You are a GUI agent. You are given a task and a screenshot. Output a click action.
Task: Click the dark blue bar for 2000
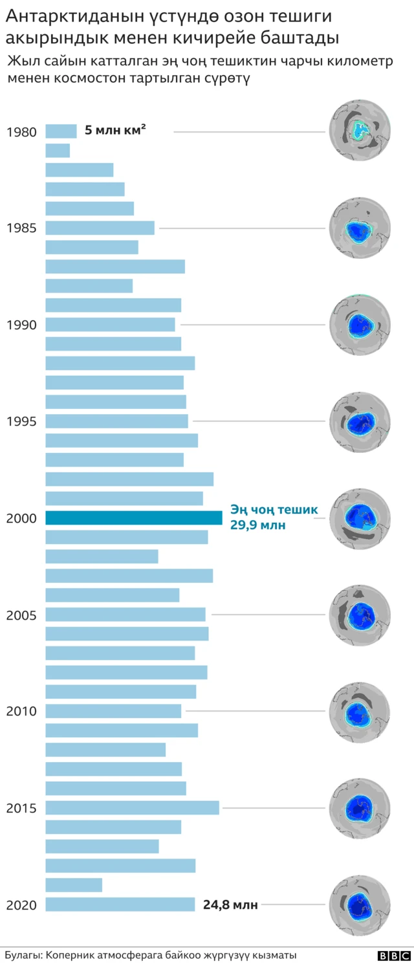(134, 518)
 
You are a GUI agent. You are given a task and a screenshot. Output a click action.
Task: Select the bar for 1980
(61, 131)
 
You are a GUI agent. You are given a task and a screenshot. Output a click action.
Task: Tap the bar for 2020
(120, 904)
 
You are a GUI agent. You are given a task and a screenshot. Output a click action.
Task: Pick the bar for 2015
(133, 807)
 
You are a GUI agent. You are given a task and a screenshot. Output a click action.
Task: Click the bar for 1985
(100, 228)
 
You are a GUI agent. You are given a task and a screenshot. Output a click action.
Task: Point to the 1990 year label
(21, 325)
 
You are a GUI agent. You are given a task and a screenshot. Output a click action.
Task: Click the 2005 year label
(21, 615)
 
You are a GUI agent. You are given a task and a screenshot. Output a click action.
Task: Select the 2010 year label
(21, 711)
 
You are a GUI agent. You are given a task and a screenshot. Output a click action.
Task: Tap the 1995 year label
(21, 421)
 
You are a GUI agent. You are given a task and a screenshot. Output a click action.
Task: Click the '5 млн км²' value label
(115, 131)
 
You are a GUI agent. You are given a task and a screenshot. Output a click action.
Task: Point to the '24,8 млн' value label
(230, 905)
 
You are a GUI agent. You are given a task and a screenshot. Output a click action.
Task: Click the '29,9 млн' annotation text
(257, 525)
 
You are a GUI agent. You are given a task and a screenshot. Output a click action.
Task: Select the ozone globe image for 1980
(360, 131)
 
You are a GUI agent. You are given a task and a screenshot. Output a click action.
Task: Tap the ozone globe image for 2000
(360, 518)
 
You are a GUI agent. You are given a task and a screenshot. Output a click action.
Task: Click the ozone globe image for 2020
(360, 904)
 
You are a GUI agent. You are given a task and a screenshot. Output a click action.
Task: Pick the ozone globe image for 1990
(360, 324)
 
